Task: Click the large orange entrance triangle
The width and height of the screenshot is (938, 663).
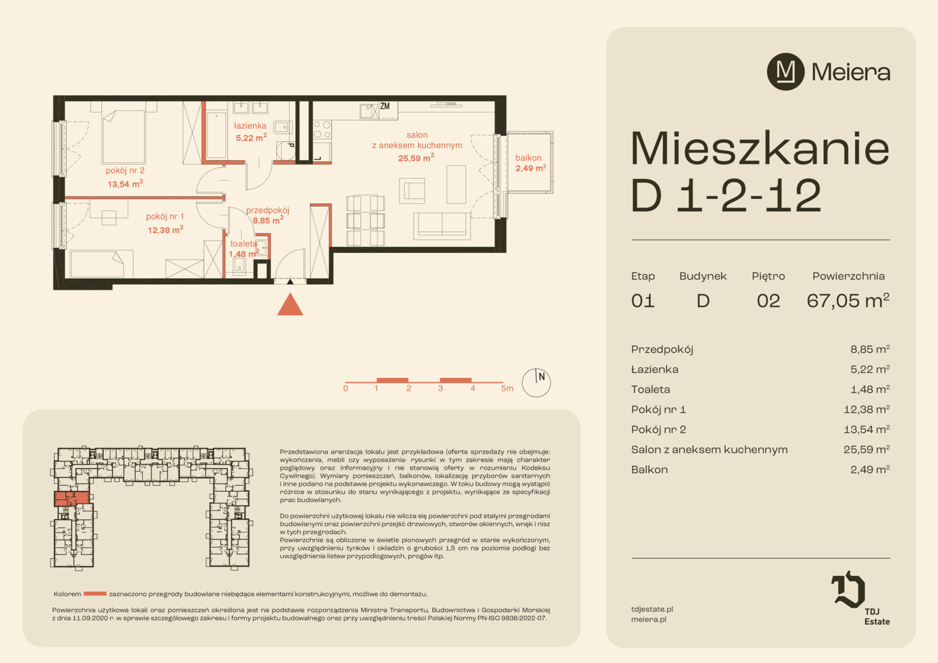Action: pos(290,304)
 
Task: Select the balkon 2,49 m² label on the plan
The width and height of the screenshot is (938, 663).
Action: pos(530,163)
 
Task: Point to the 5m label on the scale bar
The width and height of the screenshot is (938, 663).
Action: pos(507,388)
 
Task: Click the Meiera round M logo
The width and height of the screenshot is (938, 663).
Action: pos(786,72)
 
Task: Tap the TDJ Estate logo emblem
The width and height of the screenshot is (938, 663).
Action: pos(848,589)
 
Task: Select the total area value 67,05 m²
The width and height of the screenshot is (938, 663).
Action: pos(848,300)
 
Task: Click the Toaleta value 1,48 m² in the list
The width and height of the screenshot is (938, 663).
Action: pos(870,389)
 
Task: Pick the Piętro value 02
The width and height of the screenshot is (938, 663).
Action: pos(769,301)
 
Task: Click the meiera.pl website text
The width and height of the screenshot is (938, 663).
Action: pos(649,619)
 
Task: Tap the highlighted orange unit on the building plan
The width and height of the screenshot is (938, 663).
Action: pos(72,499)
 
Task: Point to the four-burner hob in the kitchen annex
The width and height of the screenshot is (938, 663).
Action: pos(322,130)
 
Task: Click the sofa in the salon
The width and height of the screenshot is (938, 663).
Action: pos(442,226)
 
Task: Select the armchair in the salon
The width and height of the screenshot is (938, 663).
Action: pos(412,190)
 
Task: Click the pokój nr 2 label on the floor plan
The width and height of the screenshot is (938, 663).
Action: pos(125,171)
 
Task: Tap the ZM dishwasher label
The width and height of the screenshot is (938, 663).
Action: pos(385,106)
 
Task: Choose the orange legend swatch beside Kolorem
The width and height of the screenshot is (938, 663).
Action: pos(95,594)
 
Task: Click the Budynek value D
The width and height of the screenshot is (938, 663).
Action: pos(703,301)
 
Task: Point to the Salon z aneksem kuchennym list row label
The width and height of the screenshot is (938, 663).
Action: pos(710,449)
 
